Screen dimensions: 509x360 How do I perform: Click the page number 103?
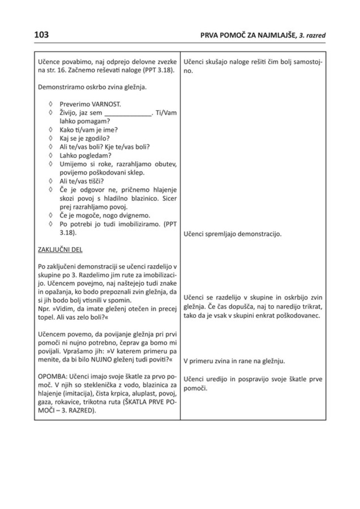(x=42, y=35)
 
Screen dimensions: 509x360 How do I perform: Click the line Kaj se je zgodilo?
(x=84, y=139)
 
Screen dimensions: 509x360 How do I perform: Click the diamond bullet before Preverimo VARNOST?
(x=51, y=105)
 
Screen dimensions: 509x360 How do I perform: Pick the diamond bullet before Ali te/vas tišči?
(x=51, y=181)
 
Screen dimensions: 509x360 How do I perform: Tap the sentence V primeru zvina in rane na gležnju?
(x=234, y=361)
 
